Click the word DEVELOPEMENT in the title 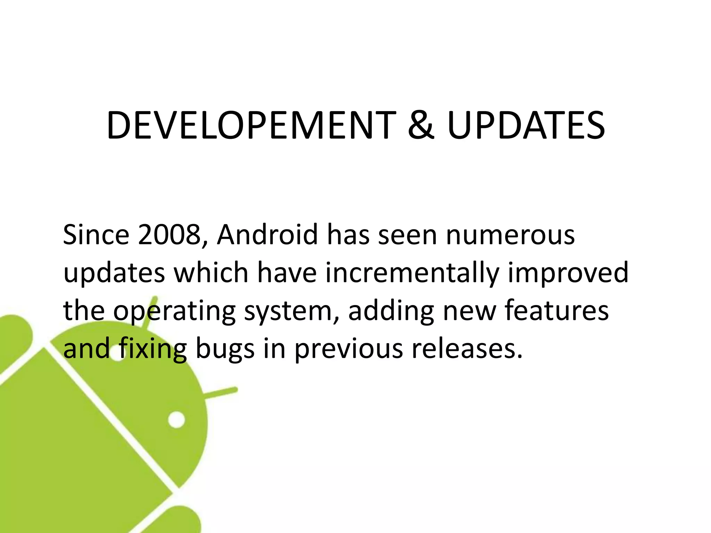coord(251,125)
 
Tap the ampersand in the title coord(421,125)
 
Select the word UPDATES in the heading coord(526,125)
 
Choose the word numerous coord(510,235)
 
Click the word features coord(557,310)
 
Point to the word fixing coord(152,349)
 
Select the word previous coord(349,349)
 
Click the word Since coord(96,235)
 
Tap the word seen coord(407,235)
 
